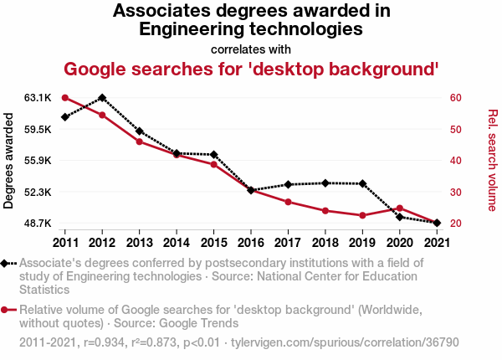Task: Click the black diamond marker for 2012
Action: click(x=102, y=98)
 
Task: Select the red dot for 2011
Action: click(x=65, y=98)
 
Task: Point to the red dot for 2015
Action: click(x=213, y=164)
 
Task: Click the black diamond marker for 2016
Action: click(x=250, y=190)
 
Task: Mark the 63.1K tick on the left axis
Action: click(x=38, y=98)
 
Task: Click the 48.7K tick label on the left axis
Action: click(x=38, y=224)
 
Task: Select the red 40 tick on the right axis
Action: click(x=456, y=161)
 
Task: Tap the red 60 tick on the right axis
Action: click(x=456, y=98)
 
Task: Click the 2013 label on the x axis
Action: click(x=139, y=243)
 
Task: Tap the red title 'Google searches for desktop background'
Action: click(x=252, y=68)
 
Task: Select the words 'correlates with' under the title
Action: click(x=251, y=49)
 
